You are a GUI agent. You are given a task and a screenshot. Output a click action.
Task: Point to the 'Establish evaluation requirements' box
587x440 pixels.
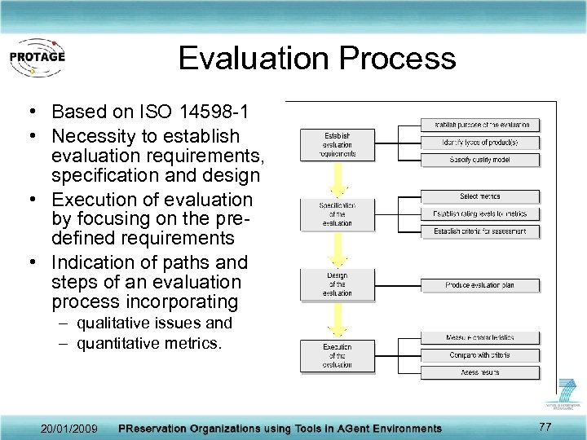tap(337, 145)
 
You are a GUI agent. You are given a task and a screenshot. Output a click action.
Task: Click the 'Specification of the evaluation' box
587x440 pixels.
tap(337, 214)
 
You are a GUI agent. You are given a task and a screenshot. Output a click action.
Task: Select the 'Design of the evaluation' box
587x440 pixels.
tap(337, 284)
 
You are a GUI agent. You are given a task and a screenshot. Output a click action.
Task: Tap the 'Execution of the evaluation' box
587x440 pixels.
tap(337, 356)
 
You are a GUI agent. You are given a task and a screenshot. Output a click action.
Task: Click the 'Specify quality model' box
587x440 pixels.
tap(480, 160)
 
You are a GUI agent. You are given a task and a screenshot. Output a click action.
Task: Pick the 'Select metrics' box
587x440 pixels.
tap(480, 196)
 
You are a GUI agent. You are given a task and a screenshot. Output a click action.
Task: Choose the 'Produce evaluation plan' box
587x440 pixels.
tap(480, 285)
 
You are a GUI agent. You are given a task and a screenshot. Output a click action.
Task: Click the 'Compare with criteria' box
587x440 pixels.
tap(480, 355)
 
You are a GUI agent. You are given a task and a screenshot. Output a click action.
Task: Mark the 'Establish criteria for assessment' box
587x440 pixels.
tap(480, 231)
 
